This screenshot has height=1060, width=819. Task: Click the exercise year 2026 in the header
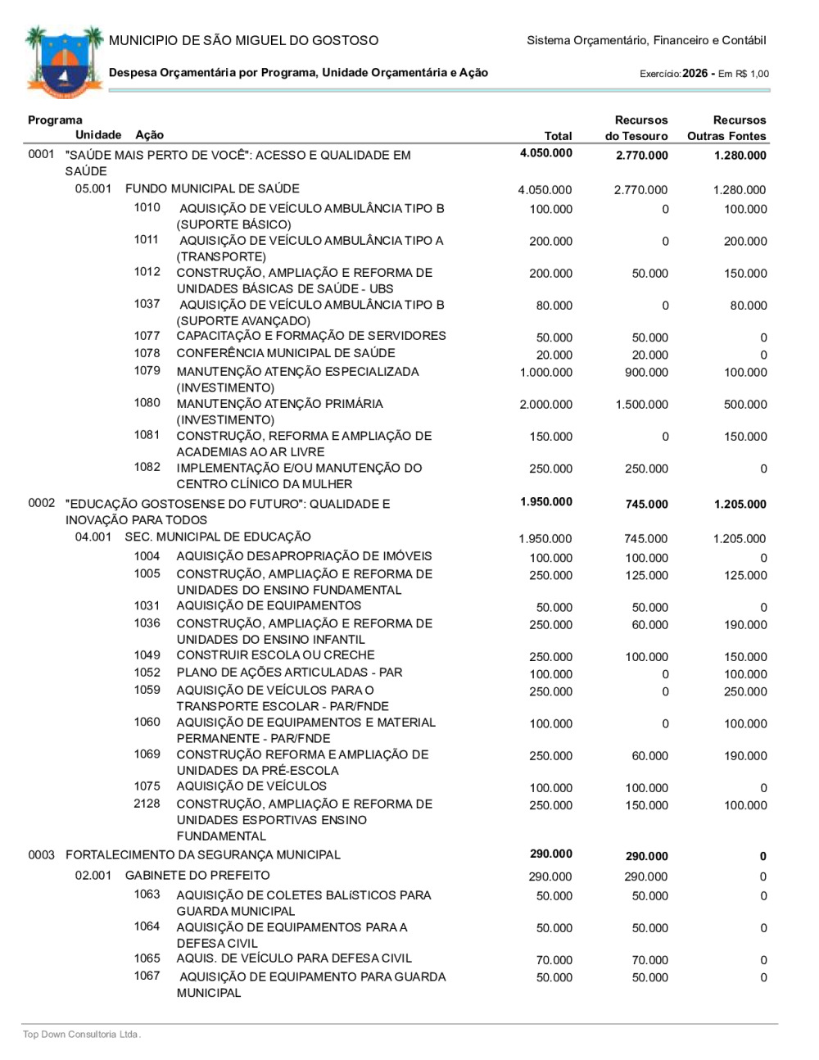click(x=695, y=74)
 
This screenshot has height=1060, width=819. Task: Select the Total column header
click(x=558, y=136)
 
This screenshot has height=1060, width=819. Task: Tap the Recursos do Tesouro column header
click(x=636, y=129)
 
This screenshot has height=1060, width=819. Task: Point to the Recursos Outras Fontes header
click(x=726, y=129)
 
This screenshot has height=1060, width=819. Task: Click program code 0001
click(x=41, y=154)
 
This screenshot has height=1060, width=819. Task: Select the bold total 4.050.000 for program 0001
click(x=545, y=153)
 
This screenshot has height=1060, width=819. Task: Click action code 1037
click(x=147, y=304)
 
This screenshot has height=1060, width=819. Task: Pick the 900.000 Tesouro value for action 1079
click(x=646, y=373)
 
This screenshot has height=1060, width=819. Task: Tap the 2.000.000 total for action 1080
click(x=545, y=405)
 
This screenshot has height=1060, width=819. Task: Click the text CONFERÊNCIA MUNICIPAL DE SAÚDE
click(x=286, y=353)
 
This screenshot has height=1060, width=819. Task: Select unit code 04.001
click(x=93, y=537)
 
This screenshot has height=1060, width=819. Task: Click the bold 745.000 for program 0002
click(x=646, y=505)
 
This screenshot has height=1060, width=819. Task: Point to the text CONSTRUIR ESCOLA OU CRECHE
click(x=275, y=655)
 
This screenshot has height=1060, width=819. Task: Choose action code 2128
click(x=147, y=804)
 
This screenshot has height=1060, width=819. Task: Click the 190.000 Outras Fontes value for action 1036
click(x=745, y=625)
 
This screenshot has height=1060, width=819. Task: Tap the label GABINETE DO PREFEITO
click(x=197, y=876)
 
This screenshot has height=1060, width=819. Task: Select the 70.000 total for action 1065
click(x=554, y=960)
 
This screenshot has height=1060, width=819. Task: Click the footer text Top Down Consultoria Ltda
click(x=82, y=1035)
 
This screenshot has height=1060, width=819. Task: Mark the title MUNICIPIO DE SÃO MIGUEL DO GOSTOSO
click(x=244, y=40)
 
